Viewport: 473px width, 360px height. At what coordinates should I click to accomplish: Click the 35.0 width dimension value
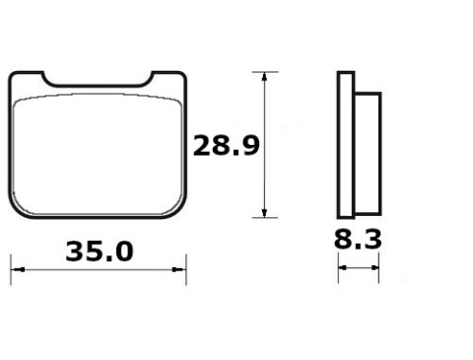(x=100, y=252)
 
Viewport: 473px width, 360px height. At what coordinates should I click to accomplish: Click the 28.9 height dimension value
(x=226, y=145)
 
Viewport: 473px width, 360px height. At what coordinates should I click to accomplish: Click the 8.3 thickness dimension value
(x=358, y=239)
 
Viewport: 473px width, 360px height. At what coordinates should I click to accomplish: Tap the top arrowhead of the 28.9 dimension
(x=264, y=76)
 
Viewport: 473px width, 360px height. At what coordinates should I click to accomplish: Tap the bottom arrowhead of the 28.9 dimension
(x=264, y=213)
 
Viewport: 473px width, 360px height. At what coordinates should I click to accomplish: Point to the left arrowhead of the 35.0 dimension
(x=18, y=269)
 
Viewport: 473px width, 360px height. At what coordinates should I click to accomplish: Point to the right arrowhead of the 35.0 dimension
(x=179, y=269)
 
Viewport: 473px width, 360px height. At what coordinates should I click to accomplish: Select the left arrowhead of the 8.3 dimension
(x=343, y=268)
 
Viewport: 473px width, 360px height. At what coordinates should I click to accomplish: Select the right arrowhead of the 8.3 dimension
(x=374, y=268)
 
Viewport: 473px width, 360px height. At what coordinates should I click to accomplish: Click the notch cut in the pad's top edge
(x=98, y=85)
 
